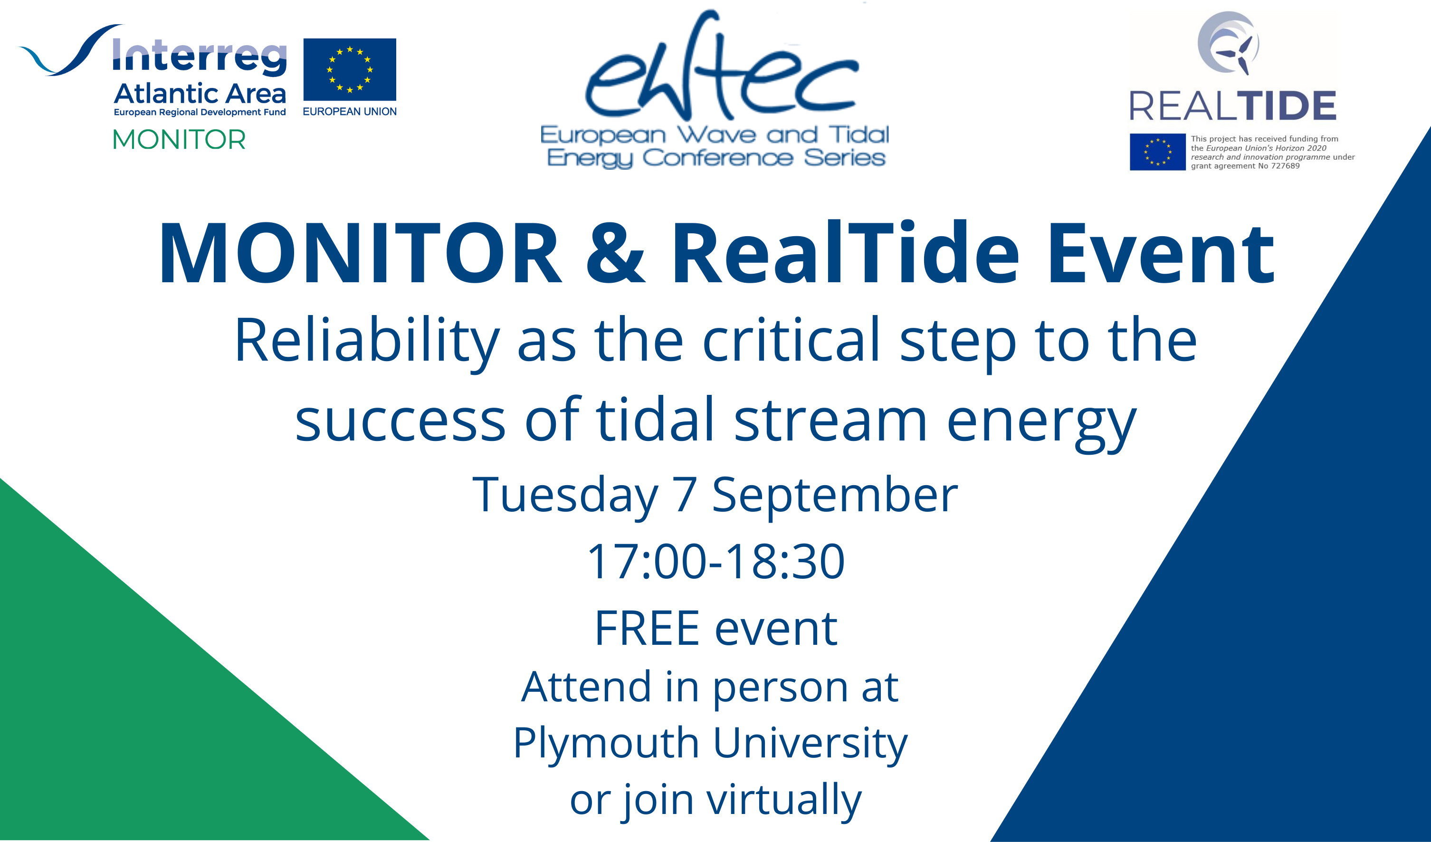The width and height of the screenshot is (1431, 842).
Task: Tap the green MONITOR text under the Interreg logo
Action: pyautogui.click(x=180, y=140)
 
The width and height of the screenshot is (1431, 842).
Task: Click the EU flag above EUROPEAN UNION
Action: pyautogui.click(x=350, y=69)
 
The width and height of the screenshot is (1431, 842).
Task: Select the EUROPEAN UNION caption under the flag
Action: pyautogui.click(x=350, y=112)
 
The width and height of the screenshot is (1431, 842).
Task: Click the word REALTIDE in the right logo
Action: pyautogui.click(x=1233, y=105)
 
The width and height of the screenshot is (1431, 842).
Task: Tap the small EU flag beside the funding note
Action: pyautogui.click(x=1157, y=152)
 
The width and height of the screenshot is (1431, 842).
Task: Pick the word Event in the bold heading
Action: pyautogui.click(x=1161, y=253)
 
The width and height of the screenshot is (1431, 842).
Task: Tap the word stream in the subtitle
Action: pyautogui.click(x=830, y=420)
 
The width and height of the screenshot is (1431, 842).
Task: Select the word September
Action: pyautogui.click(x=835, y=496)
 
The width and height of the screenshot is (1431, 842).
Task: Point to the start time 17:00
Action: pyautogui.click(x=648, y=562)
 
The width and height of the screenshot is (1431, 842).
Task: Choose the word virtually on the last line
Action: pyautogui.click(x=783, y=801)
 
